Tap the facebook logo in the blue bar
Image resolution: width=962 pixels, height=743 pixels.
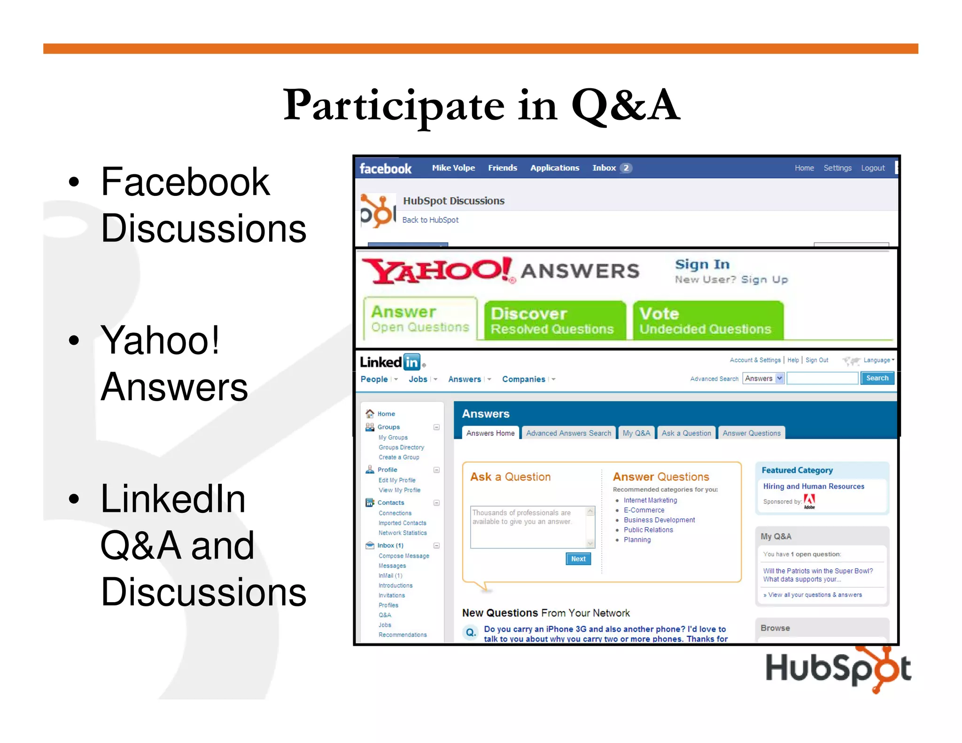385,169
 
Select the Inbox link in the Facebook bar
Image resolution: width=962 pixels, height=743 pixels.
604,168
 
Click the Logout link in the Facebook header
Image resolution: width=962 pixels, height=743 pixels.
872,168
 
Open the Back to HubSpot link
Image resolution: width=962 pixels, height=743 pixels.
430,220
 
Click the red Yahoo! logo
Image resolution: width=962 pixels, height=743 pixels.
437,271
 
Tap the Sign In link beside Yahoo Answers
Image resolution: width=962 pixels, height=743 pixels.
702,264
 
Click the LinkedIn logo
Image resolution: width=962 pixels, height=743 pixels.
390,362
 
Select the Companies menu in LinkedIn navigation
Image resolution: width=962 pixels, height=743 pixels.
524,379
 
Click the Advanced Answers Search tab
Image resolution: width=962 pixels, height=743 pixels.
568,433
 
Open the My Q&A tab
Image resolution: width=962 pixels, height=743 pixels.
636,433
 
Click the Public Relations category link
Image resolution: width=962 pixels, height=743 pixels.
648,530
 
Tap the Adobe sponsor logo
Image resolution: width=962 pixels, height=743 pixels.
809,501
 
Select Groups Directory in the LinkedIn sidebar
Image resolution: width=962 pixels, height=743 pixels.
401,448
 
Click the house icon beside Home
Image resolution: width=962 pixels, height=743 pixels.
370,414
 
